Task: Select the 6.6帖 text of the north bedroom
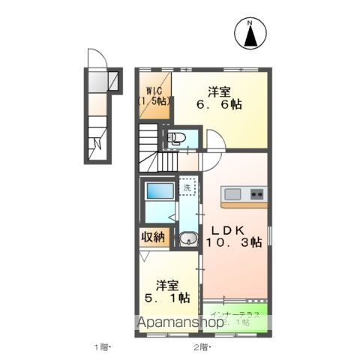tap(220, 106)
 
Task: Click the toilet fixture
tap(177, 137)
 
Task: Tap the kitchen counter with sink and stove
tap(244, 195)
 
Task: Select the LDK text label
tap(226, 229)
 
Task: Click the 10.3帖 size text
tap(234, 242)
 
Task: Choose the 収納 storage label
tap(152, 237)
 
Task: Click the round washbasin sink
tap(188, 240)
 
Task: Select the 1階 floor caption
tap(102, 347)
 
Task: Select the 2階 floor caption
tap(200, 347)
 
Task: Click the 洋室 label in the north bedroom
tap(220, 92)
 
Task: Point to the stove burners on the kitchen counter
tap(256, 195)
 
